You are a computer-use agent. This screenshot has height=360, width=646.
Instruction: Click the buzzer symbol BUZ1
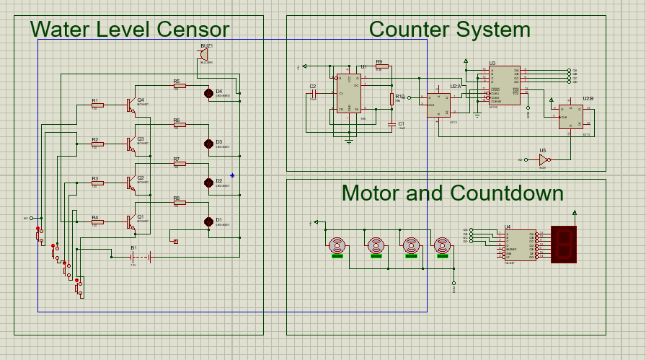click(x=204, y=55)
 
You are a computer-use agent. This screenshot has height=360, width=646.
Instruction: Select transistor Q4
click(x=131, y=105)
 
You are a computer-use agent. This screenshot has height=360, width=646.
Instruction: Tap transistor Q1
click(x=131, y=222)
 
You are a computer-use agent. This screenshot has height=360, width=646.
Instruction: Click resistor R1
click(x=97, y=105)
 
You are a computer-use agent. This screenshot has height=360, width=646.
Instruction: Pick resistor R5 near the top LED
click(x=180, y=85)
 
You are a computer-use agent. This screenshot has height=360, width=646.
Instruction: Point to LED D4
click(x=210, y=93)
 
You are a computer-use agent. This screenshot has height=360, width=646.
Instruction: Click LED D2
click(x=210, y=183)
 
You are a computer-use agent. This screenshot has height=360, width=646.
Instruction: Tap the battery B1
click(x=141, y=255)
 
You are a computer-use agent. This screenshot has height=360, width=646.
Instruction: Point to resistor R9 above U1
click(x=381, y=67)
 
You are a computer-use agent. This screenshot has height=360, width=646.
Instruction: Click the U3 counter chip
click(x=504, y=85)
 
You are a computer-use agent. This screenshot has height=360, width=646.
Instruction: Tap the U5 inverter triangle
click(x=544, y=159)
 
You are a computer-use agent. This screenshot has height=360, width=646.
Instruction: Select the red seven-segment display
click(x=565, y=244)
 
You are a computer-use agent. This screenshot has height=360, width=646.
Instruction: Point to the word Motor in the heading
click(x=371, y=193)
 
